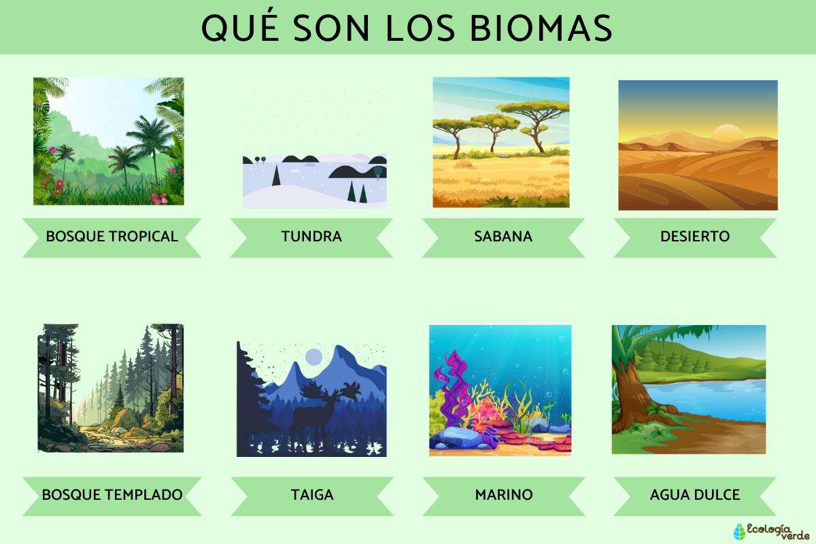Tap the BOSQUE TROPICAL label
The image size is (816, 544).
coord(112,237)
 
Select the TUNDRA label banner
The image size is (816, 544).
coord(311,237)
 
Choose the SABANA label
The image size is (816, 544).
coord(503,237)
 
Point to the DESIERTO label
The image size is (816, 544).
coord(694,237)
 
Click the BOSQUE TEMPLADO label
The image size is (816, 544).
coord(112,494)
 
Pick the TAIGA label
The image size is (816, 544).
coord(311,494)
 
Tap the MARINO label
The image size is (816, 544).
coord(503,494)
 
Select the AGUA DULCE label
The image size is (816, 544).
coord(694,494)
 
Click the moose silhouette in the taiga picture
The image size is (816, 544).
coord(320,415)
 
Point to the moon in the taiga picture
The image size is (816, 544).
coord(313,356)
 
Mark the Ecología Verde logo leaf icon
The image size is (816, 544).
coord(739,531)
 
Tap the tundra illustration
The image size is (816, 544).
coord(315,180)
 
